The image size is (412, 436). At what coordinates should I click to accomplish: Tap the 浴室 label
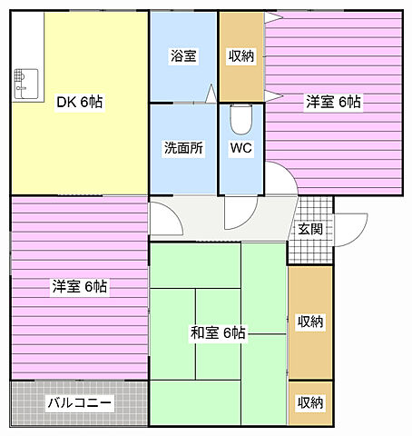coord(183,56)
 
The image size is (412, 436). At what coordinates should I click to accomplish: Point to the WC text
coord(240,148)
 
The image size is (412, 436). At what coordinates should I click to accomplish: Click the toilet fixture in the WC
coord(240,119)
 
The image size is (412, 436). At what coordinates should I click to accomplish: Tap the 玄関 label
coord(309,229)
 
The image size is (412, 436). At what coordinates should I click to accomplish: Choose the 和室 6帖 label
coord(218,332)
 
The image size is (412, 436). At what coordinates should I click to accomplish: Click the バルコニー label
coord(79,401)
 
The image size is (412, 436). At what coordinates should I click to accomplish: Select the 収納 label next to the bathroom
coord(241,56)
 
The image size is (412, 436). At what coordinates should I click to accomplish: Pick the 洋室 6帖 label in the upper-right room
coord(332,103)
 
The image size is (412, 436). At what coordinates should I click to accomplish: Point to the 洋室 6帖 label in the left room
coord(79,287)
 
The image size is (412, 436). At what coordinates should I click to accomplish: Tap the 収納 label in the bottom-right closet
coord(309,402)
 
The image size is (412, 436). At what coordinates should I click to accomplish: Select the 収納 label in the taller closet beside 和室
coord(309,322)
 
